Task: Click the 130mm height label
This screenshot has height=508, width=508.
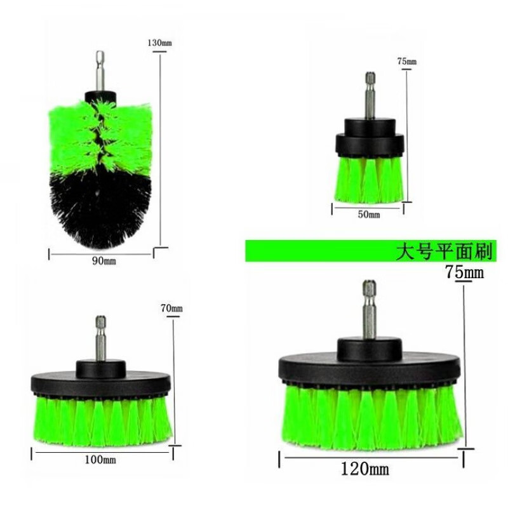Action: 160,43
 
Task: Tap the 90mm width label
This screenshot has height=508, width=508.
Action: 104,261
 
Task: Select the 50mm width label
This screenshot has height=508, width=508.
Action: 369,214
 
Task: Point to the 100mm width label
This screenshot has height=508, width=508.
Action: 100,459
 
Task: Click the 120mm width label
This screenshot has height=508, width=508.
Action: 364,469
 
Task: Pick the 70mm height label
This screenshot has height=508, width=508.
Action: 171,308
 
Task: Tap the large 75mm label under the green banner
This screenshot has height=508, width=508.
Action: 464,272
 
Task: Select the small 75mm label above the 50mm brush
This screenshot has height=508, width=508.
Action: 407,61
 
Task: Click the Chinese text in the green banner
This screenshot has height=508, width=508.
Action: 444,251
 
